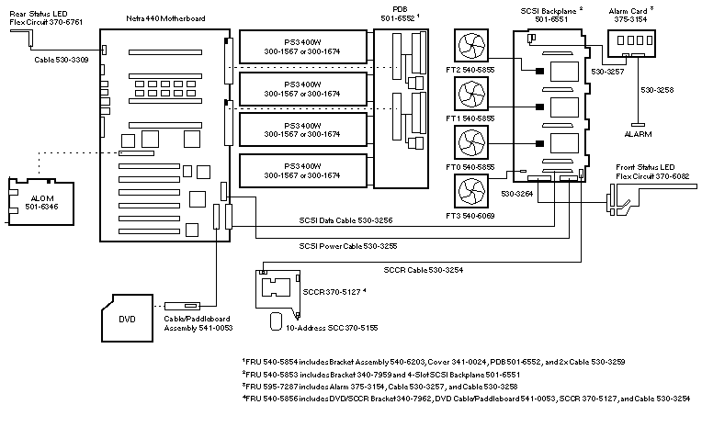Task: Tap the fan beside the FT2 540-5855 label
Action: point(470,49)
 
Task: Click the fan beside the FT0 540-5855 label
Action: point(470,143)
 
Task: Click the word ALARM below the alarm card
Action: point(637,133)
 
